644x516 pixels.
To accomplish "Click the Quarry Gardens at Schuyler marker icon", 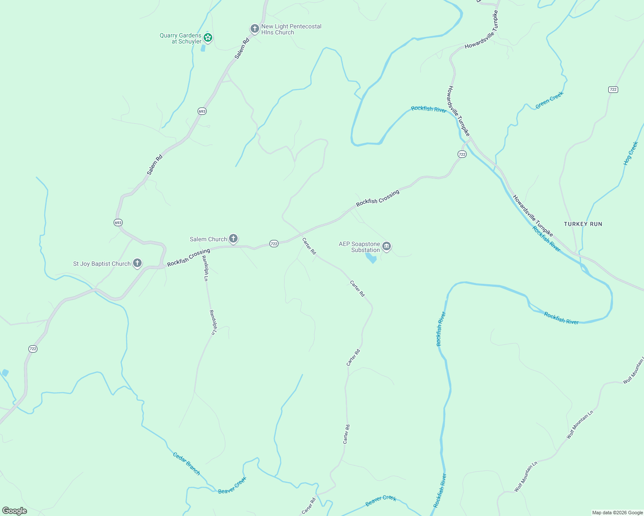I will point(207,37).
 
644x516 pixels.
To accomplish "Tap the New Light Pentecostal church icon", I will point(254,29).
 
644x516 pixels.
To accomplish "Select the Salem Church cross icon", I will point(233,238).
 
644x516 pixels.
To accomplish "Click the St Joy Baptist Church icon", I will point(137,263).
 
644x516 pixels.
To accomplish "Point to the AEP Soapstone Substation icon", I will point(386,246).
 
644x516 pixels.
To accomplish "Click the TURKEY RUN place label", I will point(583,224).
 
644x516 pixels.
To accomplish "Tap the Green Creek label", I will point(549,100).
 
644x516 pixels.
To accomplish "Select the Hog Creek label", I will point(631,154).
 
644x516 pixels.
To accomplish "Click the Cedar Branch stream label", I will point(186,464).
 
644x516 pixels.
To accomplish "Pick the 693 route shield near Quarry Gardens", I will point(202,111).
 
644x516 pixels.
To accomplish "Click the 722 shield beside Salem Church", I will point(274,244).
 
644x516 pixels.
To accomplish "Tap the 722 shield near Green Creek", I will point(613,89).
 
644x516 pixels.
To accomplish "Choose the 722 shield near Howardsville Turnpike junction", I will point(462,154).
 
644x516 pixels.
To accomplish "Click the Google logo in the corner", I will point(15,510).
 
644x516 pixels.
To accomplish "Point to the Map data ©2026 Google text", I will point(617,513).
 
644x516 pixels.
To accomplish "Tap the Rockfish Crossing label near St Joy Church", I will point(189,257).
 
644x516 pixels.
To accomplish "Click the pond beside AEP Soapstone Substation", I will point(371,258).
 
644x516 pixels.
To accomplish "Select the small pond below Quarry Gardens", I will point(203,48).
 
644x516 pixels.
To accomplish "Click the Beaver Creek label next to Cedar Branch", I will point(232,485).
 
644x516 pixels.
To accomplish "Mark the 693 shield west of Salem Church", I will point(118,222).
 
